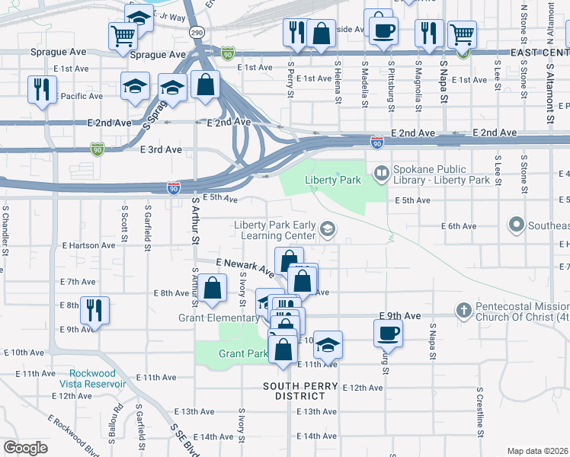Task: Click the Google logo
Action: pyautogui.click(x=24, y=448)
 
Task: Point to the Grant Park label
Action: pyautogui.click(x=242, y=353)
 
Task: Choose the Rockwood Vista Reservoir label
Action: pyautogui.click(x=97, y=379)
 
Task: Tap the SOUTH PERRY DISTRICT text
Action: pyautogui.click(x=299, y=391)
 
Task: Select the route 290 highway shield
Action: pyautogui.click(x=196, y=34)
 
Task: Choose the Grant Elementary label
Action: pyautogui.click(x=219, y=318)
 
